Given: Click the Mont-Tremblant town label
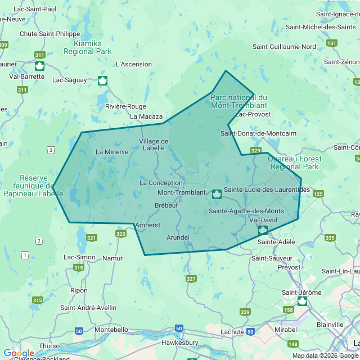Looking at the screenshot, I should coord(182,192).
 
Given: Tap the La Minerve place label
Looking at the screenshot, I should coord(112,151).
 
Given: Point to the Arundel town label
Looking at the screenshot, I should coord(178,237).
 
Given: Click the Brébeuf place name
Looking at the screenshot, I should coord(166,205).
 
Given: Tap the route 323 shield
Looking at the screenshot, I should coord(120,233).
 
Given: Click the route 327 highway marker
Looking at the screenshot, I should coord(191,279).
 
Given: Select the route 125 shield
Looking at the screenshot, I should coord(318,194).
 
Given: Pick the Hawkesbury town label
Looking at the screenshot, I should coord(179,342).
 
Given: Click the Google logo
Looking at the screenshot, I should coord(19,353).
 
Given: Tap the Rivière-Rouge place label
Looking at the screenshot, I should coord(125,106).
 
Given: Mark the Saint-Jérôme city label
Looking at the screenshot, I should coord(301,292).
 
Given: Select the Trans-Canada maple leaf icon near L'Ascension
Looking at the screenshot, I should coord(102,80).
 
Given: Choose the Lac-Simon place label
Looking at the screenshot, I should coord(79,257).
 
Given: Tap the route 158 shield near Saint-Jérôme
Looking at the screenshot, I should coord(289,310).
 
